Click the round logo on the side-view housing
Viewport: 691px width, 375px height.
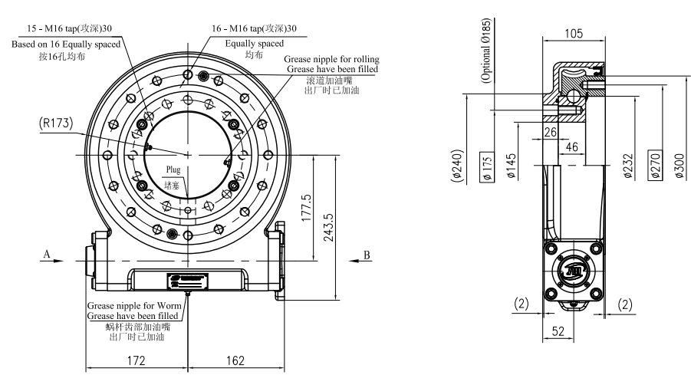tap(574, 269)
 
